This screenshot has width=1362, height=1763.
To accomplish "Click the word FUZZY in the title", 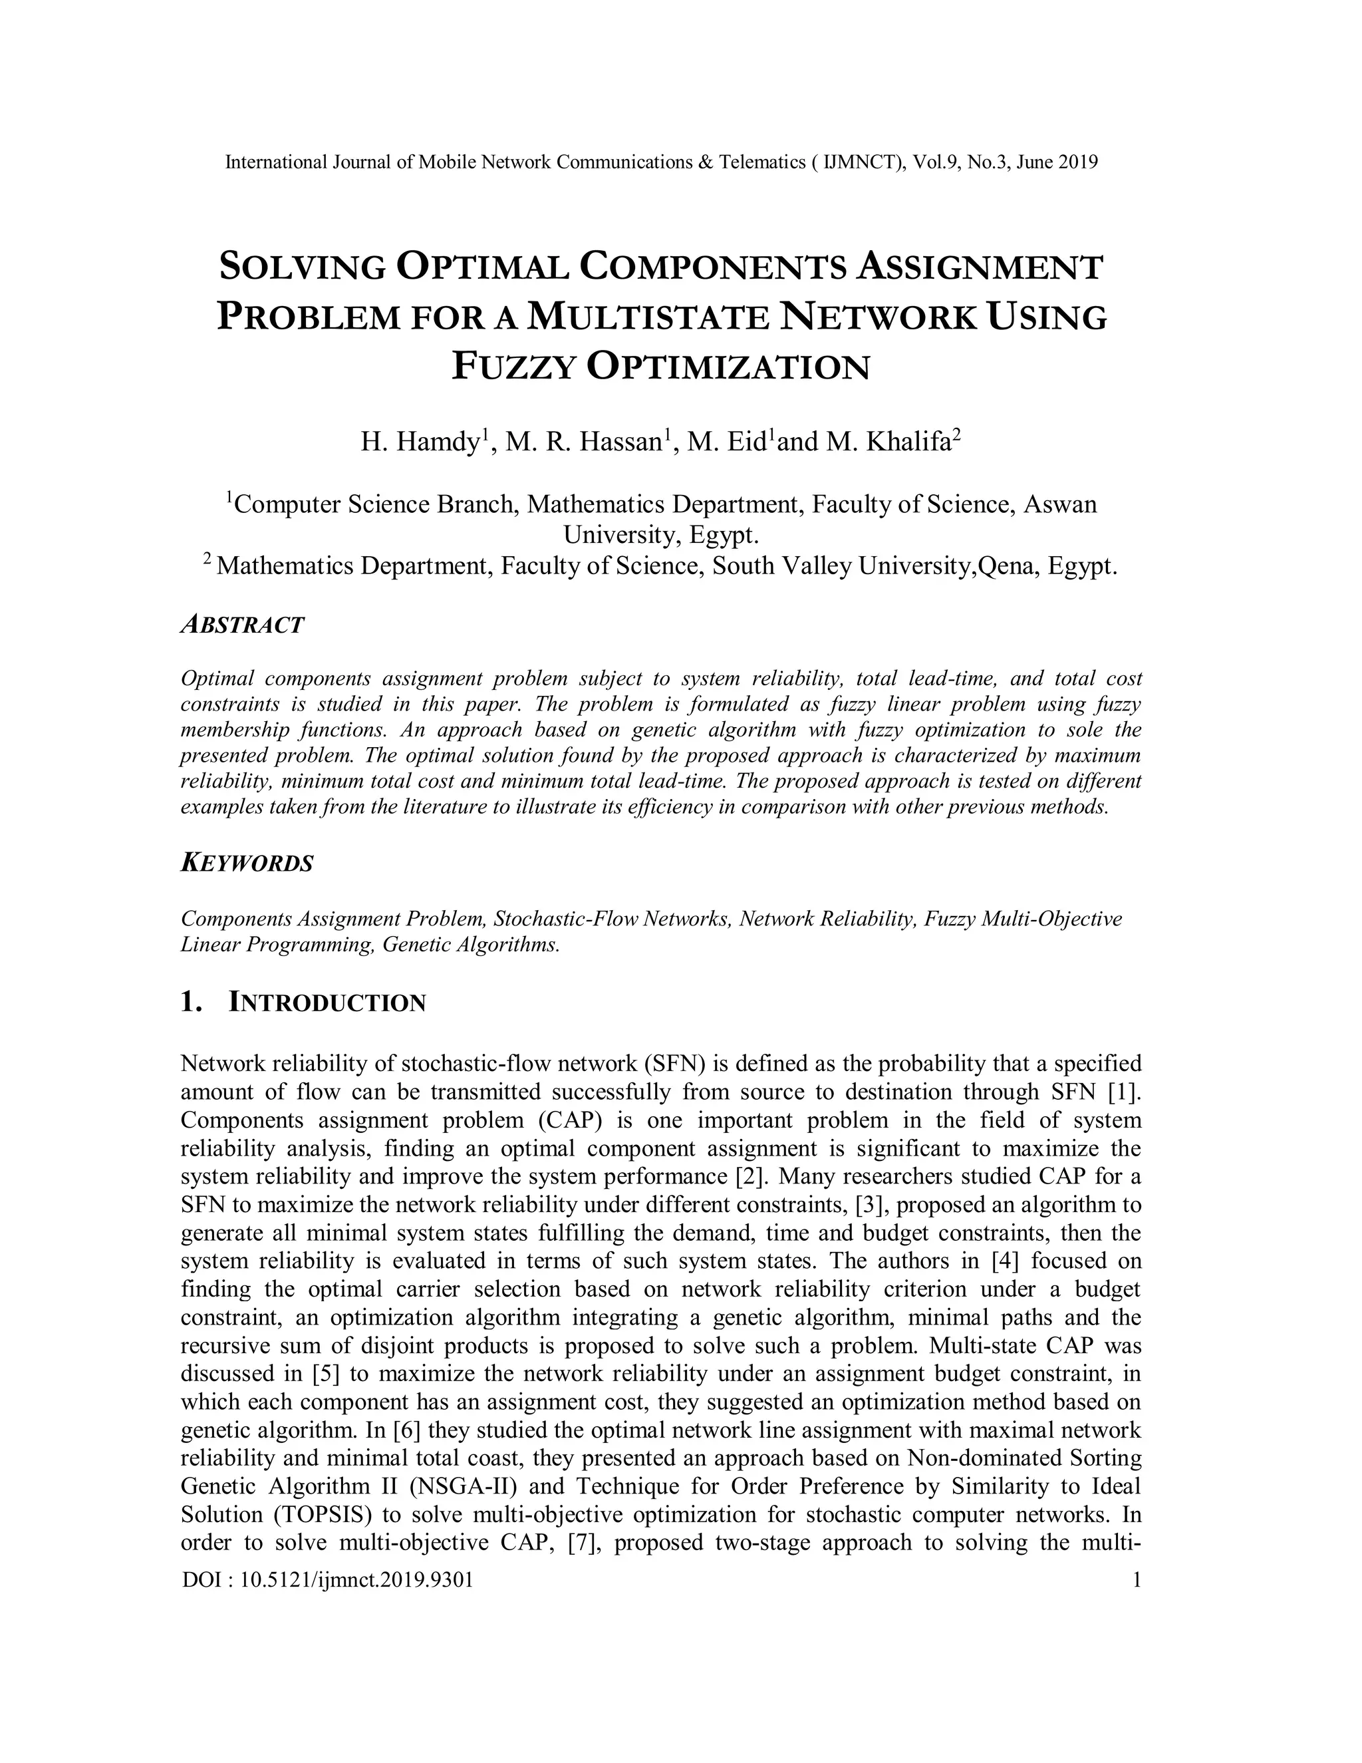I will coord(512,367).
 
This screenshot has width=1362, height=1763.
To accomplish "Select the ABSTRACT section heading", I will coord(242,625).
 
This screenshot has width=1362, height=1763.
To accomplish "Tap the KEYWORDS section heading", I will coord(247,864).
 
